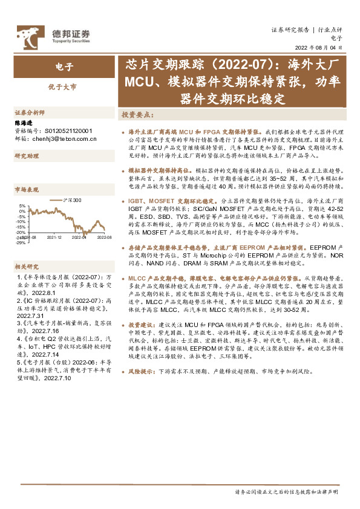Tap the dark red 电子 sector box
tap(64, 66)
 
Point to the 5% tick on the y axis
tap(22, 206)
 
